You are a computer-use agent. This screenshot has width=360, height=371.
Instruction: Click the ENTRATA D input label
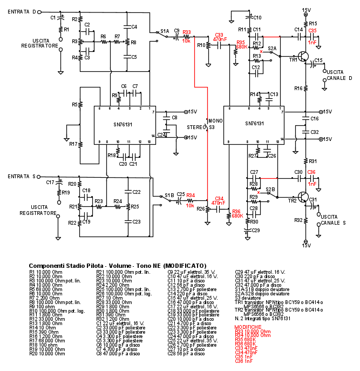(22, 11)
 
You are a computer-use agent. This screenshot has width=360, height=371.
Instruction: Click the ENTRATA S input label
(22, 176)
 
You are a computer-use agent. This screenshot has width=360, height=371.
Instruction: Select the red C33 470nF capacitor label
(219, 37)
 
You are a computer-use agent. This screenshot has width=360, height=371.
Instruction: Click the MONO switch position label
(215, 120)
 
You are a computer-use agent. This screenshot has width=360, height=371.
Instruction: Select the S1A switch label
(164, 31)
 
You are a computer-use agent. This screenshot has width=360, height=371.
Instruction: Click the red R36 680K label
(235, 214)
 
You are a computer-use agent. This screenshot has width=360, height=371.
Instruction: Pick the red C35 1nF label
(313, 35)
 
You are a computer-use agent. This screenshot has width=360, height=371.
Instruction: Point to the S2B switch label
(269, 189)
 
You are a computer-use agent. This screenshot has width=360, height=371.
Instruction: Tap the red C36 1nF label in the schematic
(311, 175)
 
